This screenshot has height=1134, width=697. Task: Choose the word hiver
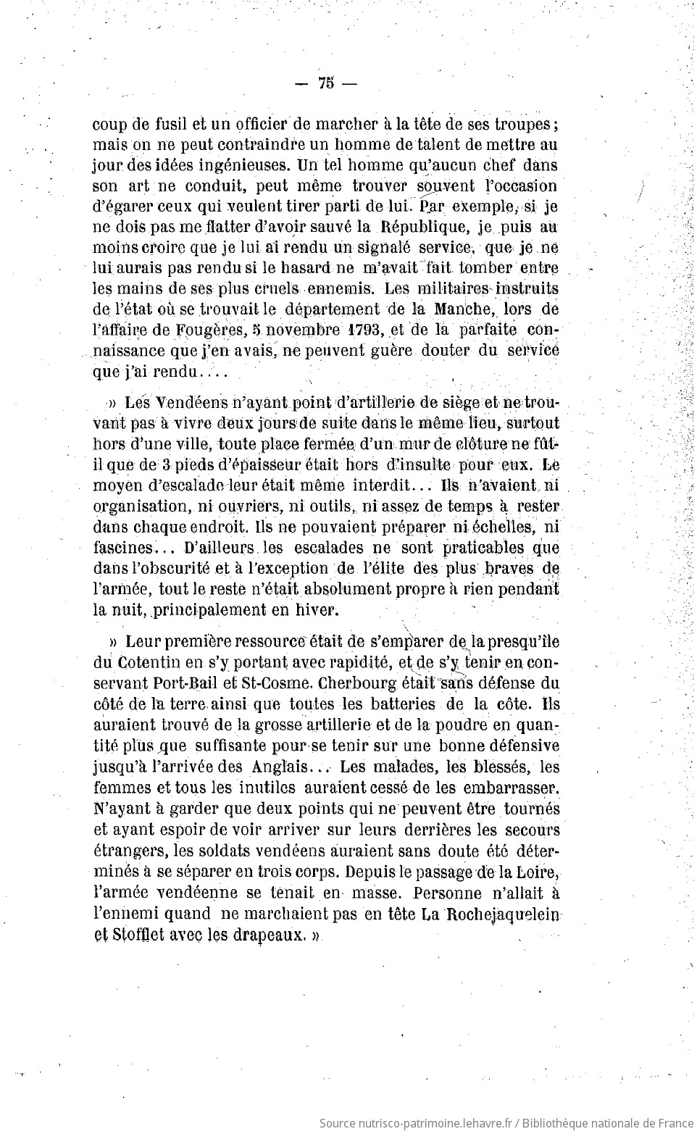(319, 610)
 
